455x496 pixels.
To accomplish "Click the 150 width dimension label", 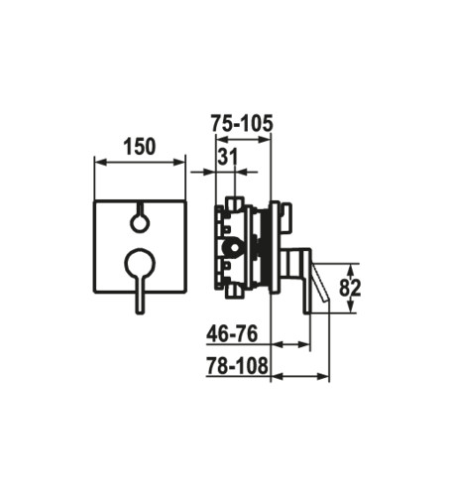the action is pyautogui.click(x=139, y=147).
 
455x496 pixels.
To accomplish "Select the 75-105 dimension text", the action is pyautogui.click(x=242, y=123).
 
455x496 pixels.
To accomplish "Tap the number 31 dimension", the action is pyautogui.click(x=228, y=157).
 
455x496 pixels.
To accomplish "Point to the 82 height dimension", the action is pyautogui.click(x=350, y=288).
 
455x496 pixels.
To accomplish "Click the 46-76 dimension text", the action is pyautogui.click(x=232, y=333).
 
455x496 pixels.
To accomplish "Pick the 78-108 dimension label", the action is pyautogui.click(x=237, y=366).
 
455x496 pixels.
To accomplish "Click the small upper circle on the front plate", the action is pyautogui.click(x=139, y=223).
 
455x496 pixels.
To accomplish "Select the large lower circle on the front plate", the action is pyautogui.click(x=139, y=263).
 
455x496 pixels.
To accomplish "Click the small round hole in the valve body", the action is pyautogui.click(x=235, y=247).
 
